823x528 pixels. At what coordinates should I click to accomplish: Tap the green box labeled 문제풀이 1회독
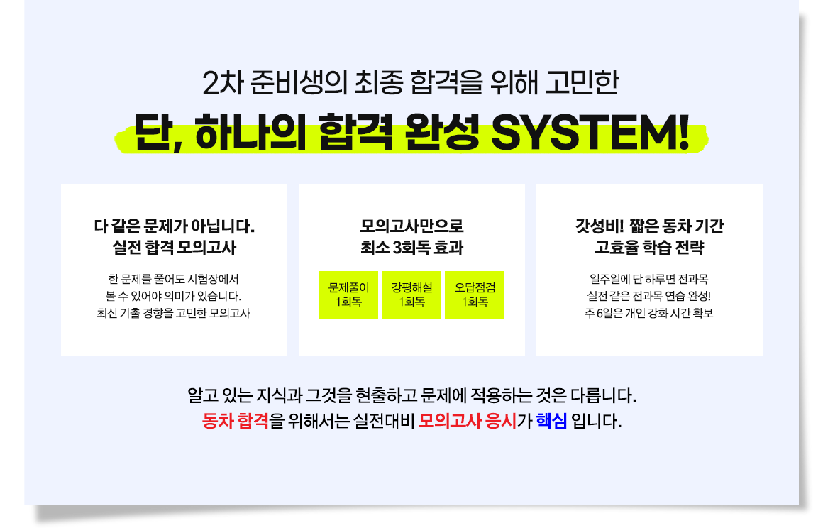pyautogui.click(x=348, y=295)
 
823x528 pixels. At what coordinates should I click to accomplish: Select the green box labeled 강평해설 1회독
pyautogui.click(x=411, y=295)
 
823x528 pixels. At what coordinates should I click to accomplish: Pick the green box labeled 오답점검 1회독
pyautogui.click(x=475, y=295)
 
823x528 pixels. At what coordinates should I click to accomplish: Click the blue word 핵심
pyautogui.click(x=552, y=421)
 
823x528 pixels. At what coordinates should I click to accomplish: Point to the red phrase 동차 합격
pyautogui.click(x=236, y=421)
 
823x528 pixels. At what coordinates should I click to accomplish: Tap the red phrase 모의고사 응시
pyautogui.click(x=468, y=421)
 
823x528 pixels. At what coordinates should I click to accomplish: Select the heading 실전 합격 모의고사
pyautogui.click(x=175, y=248)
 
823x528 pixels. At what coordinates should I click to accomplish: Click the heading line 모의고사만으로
pyautogui.click(x=411, y=226)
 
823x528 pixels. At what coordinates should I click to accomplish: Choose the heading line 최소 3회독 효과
pyautogui.click(x=411, y=248)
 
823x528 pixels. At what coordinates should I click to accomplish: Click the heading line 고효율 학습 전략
pyautogui.click(x=649, y=248)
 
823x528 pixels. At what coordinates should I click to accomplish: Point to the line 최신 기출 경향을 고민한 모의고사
pyautogui.click(x=174, y=314)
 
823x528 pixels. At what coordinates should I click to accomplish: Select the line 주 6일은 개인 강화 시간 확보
pyautogui.click(x=648, y=314)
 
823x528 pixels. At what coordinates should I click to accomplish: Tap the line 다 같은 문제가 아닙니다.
pyautogui.click(x=175, y=226)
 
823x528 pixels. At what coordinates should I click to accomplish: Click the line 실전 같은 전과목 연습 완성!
pyautogui.click(x=648, y=296)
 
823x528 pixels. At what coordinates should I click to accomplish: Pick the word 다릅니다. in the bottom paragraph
pyautogui.click(x=604, y=395)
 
